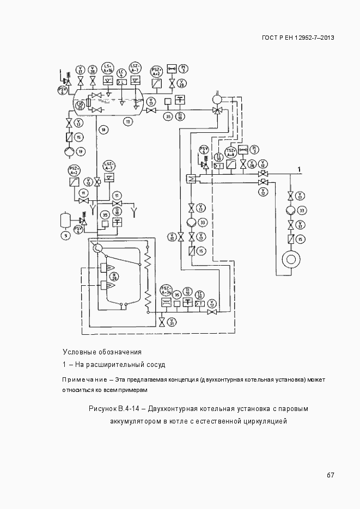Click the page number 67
(x=330, y=475)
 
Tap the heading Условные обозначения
(x=102, y=352)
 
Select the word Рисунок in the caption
(x=104, y=408)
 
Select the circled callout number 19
(x=80, y=151)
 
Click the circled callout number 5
(x=65, y=235)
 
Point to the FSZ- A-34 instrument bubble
(x=167, y=290)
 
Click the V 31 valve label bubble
(x=172, y=322)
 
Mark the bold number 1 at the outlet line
(x=298, y=170)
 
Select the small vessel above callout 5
(x=65, y=220)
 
